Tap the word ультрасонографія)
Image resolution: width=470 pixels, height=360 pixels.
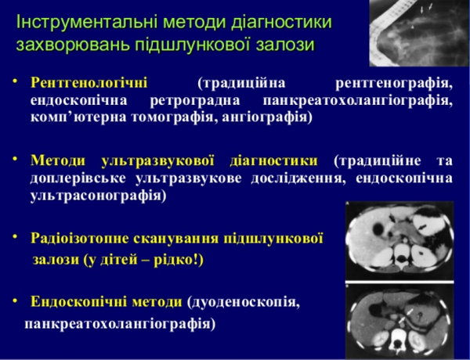[97, 196]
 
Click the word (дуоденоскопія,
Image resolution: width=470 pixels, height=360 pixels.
[243, 301]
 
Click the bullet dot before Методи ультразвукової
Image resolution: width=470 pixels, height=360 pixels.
[16, 160]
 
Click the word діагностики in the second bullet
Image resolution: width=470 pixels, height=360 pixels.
[273, 160]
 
